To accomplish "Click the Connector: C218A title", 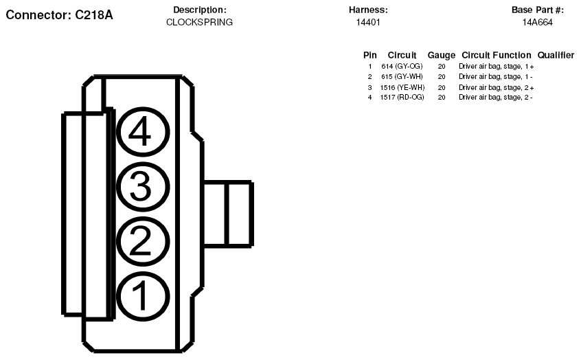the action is pos(59,15).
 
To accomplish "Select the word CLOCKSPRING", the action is pos(199,22).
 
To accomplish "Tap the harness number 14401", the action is pos(368,22).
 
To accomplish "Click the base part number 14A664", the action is pos(537,22).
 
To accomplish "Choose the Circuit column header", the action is pos(402,55).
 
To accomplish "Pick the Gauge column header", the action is pos(442,55).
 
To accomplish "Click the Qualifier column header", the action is pos(556,55).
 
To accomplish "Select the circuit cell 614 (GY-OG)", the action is pos(402,67).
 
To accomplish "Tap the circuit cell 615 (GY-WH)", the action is pos(402,77).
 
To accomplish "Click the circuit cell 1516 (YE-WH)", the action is pos(402,87).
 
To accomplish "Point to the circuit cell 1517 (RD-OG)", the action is pos(402,97).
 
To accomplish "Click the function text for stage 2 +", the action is pos(497,87).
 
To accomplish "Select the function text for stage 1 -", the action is pos(496,77).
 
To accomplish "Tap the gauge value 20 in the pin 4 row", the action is pos(442,97).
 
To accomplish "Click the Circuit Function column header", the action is pos(497,55).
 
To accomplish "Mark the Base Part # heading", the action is pos(537,10).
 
